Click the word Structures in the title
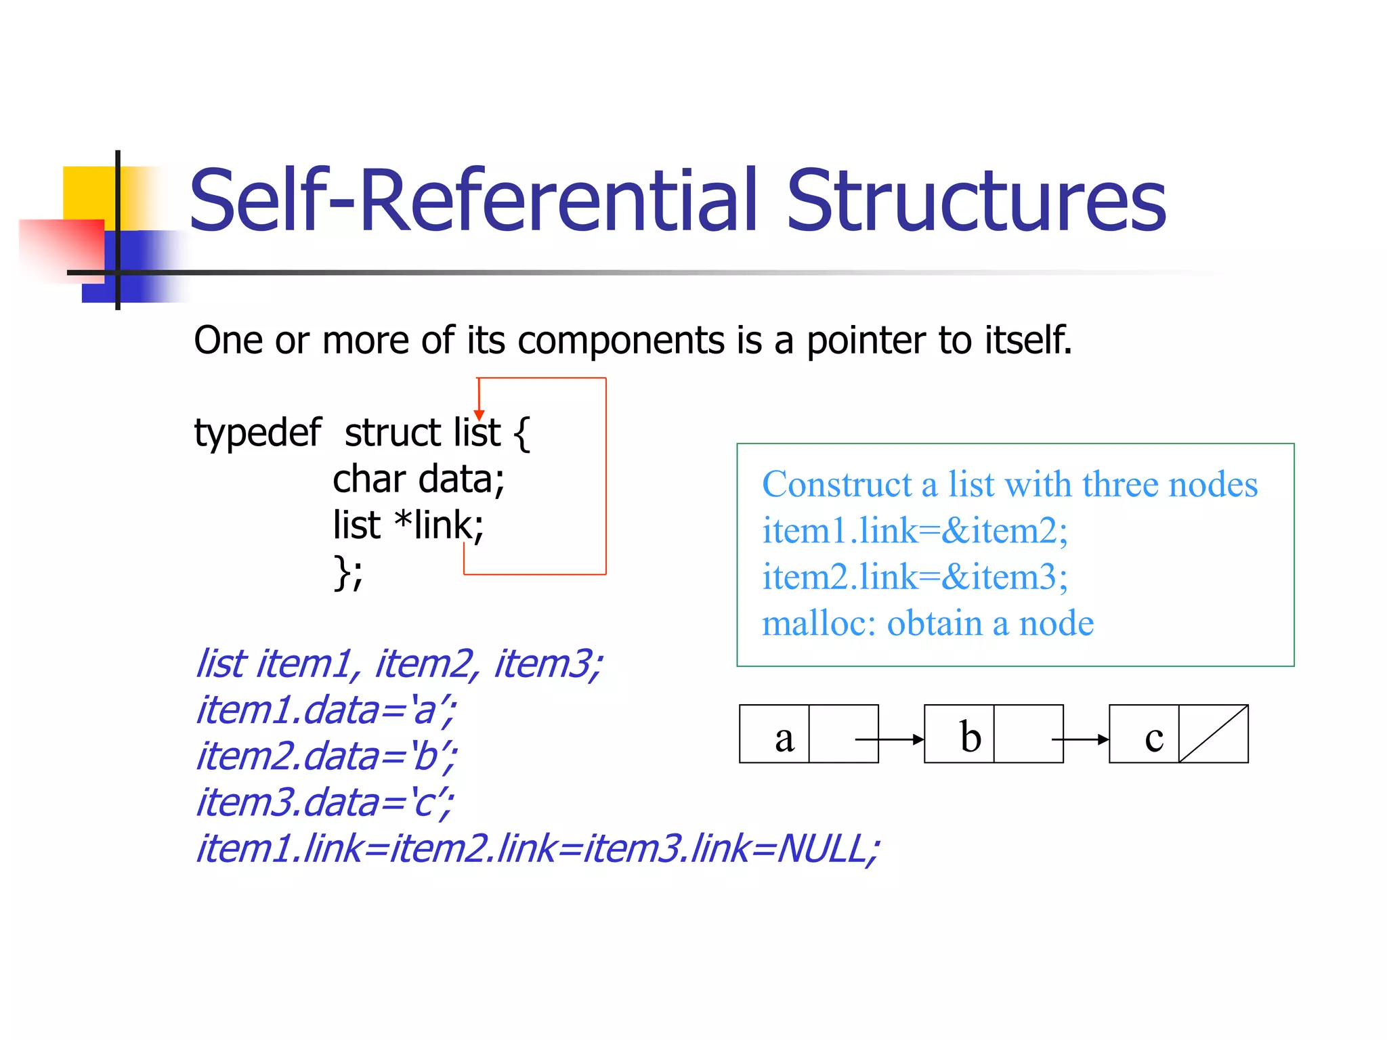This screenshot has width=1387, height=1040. (x=976, y=201)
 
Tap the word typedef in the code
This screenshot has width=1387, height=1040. (x=257, y=433)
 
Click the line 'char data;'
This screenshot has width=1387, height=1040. (x=419, y=479)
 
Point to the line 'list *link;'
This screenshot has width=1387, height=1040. (x=408, y=525)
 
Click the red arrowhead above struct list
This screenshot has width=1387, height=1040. (x=479, y=414)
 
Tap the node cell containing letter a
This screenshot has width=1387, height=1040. (x=774, y=734)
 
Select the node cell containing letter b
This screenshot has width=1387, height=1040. (x=959, y=734)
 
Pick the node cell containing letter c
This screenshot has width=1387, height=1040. (x=1144, y=734)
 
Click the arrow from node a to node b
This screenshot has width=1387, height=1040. (x=891, y=739)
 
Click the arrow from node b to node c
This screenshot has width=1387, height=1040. (x=1081, y=739)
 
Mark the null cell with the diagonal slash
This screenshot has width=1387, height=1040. (x=1213, y=734)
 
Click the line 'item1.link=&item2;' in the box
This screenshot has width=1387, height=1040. (x=914, y=531)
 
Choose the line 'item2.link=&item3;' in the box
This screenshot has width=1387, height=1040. (x=914, y=577)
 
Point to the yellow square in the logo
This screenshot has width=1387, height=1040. (x=88, y=193)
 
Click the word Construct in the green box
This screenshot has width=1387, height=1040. (x=836, y=485)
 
